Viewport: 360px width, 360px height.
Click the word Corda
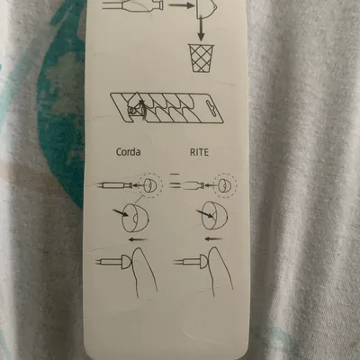(128, 152)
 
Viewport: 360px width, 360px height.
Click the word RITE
(199, 152)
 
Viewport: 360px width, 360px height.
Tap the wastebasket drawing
(201, 58)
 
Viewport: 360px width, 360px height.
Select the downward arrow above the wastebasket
(201, 30)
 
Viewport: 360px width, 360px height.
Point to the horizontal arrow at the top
(181, 5)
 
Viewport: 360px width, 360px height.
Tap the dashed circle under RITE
(226, 185)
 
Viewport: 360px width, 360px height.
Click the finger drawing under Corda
(145, 273)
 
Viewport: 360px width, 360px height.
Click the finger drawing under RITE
(221, 272)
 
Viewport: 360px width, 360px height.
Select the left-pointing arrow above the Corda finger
(138, 239)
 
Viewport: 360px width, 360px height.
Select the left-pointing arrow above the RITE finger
(213, 239)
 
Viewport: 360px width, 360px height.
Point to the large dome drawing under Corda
(135, 218)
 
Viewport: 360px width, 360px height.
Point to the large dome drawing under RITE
(214, 215)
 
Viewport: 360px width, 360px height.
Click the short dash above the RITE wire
(175, 174)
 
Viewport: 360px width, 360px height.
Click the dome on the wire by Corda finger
(126, 262)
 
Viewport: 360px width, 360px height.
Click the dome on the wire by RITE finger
(203, 262)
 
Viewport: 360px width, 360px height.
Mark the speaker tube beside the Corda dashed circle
(114, 185)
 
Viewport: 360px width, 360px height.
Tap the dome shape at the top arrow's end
(206, 8)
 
